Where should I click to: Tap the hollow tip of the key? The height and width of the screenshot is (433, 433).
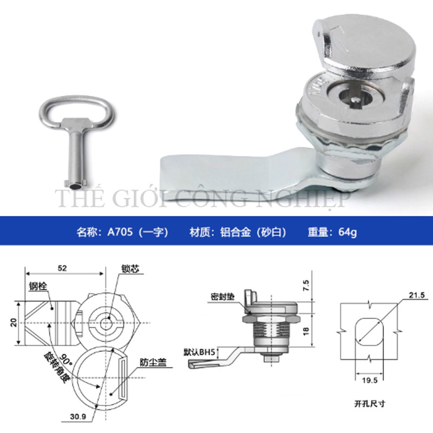point(75,186)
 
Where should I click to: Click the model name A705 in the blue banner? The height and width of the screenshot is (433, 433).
point(120,232)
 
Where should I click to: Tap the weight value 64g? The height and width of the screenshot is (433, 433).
point(347,232)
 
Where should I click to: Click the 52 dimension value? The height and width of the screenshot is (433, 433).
point(62,268)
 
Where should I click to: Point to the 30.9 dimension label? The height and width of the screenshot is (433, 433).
point(78,416)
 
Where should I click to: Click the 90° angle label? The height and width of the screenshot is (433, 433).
point(65,359)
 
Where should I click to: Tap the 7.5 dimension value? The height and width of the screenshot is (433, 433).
point(306,285)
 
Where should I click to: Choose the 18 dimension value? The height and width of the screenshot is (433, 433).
point(306,331)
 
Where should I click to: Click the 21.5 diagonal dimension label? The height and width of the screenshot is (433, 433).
point(417,295)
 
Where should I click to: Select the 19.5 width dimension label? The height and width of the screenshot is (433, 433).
point(370,380)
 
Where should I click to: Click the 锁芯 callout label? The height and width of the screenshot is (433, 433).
point(130,268)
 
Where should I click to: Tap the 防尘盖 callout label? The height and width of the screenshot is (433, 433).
point(153,362)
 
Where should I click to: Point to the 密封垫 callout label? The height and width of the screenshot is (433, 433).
point(222,297)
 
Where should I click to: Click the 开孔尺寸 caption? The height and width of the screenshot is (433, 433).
point(370,404)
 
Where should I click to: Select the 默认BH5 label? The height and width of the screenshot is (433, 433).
point(199,352)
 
